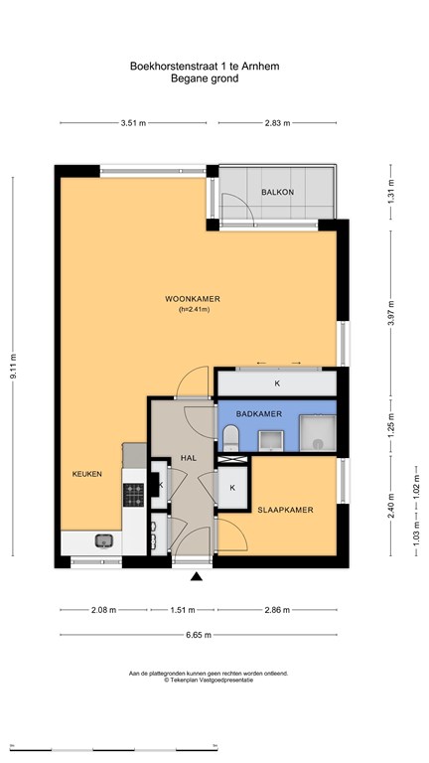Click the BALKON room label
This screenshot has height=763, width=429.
pos(277,192)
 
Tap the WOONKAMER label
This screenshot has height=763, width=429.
pos(192,299)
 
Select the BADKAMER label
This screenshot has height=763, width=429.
pos(259,414)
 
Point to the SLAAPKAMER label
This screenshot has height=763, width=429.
pos(285,510)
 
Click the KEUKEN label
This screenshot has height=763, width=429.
pos(87,474)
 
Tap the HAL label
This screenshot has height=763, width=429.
pos(189,458)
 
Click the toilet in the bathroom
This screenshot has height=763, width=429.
pos(230,437)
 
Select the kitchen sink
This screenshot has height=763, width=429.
pos(103,540)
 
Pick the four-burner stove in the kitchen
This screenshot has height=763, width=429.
pos(133,495)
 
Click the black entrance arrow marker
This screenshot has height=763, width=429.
pos(196,576)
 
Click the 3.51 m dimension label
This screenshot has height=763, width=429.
pos(134,123)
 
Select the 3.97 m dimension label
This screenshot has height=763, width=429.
pos(390,312)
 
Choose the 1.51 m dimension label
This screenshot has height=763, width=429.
pos(184,610)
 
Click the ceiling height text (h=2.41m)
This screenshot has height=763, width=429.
pos(194,310)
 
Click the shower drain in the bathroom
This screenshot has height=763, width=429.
pos(318,443)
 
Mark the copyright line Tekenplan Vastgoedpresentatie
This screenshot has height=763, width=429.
pos(209,681)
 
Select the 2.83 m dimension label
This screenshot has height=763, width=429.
pos(278,123)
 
